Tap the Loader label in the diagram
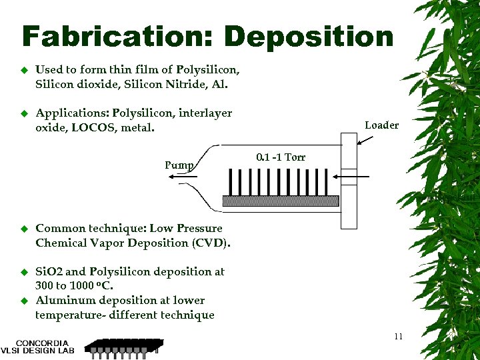tap(381, 125)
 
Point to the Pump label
tap(179, 165)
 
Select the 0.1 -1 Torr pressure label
tap(281, 157)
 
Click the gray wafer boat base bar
tap(281, 200)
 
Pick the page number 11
tap(398, 336)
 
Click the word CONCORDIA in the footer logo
tap(41, 343)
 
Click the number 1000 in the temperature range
tap(79, 286)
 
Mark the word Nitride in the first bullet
tap(192, 85)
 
